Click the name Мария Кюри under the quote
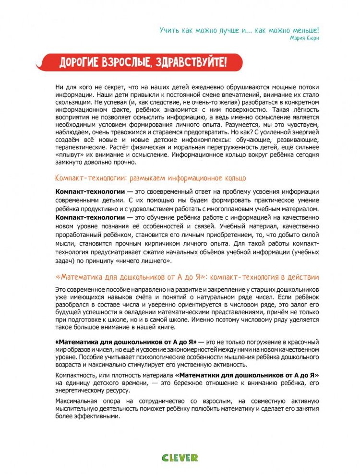click(x=304, y=37)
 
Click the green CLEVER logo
click(x=180, y=457)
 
